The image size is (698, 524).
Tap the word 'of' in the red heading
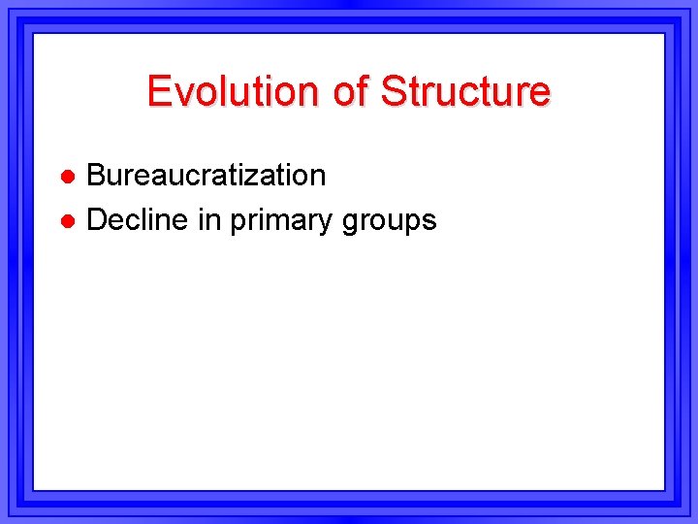point(344,91)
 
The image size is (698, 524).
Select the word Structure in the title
point(465,91)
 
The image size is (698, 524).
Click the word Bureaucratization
point(206,176)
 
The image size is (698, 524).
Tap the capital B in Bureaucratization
point(97,176)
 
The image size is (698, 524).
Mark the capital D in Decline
point(97,220)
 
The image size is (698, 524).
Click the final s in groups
point(429,222)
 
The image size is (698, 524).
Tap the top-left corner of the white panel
point(35,35)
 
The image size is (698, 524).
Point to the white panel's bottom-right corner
point(663,488)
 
